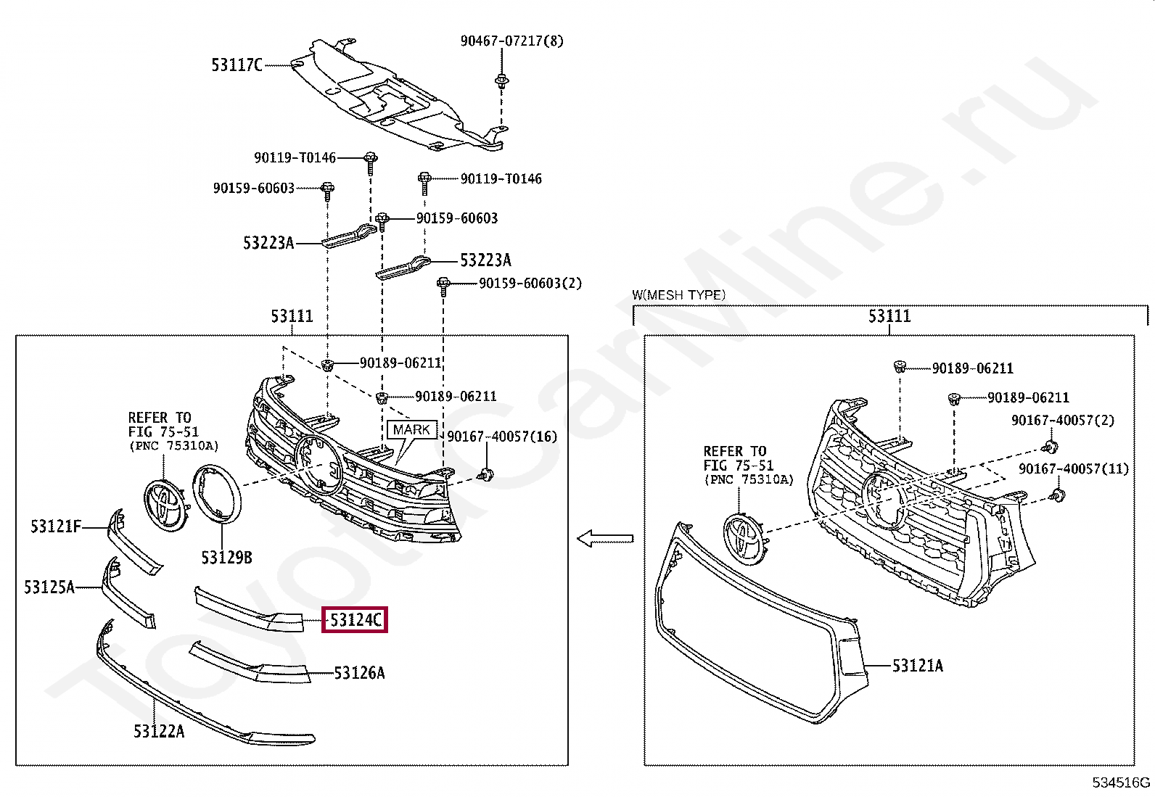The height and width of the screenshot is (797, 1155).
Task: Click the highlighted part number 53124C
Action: [x=355, y=620]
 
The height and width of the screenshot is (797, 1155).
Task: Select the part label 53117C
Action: [x=237, y=65]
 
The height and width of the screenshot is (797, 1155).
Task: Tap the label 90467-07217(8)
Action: [x=511, y=41]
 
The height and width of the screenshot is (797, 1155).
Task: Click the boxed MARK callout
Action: [x=411, y=430]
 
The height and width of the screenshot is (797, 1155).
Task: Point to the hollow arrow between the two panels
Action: [x=605, y=539]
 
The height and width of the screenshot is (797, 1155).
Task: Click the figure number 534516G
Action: [x=1121, y=782]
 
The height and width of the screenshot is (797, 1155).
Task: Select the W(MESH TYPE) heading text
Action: [x=678, y=295]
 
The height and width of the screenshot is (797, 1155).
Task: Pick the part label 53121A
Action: [x=917, y=666]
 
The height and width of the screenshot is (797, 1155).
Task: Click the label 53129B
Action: [x=226, y=558]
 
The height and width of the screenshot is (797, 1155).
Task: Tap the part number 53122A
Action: [x=159, y=731]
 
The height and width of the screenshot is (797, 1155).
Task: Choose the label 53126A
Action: [x=359, y=674]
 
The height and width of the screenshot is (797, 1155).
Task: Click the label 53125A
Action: [x=49, y=587]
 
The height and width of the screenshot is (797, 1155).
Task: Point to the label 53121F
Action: [x=56, y=526]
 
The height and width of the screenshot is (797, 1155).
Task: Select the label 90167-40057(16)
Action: [x=502, y=437]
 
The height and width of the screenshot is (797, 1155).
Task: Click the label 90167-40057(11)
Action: [x=1074, y=469]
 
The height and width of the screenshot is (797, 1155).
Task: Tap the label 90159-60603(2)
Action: [x=530, y=284]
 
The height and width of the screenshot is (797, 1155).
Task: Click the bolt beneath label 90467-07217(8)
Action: [x=501, y=80]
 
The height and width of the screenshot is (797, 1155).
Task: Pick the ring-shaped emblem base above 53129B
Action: [x=217, y=494]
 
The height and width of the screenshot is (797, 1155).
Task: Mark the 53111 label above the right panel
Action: [x=889, y=316]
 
